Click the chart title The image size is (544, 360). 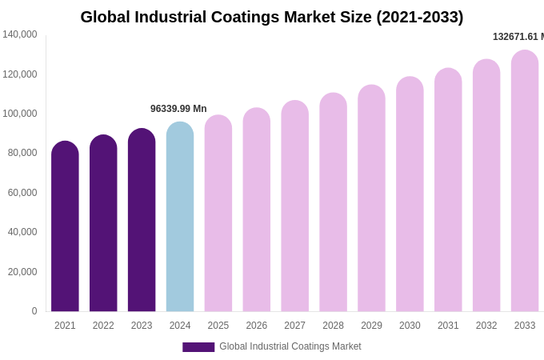(x=272, y=17)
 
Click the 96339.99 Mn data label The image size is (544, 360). (x=178, y=109)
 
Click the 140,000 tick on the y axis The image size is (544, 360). (x=19, y=34)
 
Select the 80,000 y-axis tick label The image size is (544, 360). (x=22, y=153)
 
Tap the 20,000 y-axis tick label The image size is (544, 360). (x=22, y=272)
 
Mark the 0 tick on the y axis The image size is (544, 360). (x=34, y=311)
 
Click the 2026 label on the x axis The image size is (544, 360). (x=257, y=326)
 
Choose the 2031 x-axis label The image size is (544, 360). (x=448, y=326)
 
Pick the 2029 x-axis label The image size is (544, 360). (x=371, y=326)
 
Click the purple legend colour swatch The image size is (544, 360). (x=198, y=347)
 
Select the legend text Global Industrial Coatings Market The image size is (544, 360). (x=290, y=346)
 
